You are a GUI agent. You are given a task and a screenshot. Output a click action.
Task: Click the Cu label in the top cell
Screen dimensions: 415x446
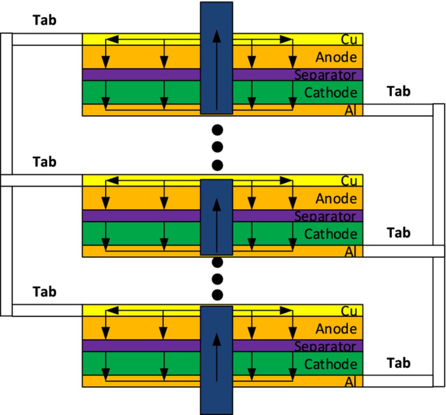pos(349,40)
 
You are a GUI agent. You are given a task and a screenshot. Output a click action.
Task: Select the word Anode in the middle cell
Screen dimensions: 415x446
pos(336,198)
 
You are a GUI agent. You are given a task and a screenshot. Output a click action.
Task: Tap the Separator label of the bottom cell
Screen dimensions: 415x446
pos(325,346)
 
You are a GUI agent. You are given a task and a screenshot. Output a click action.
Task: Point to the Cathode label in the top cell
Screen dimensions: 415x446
pos(331,93)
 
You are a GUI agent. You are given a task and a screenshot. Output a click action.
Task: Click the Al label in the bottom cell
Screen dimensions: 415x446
pos(351,382)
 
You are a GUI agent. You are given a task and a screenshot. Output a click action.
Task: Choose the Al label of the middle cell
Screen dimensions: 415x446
pos(351,251)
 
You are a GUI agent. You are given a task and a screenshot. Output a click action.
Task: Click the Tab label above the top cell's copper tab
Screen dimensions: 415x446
pos(45,20)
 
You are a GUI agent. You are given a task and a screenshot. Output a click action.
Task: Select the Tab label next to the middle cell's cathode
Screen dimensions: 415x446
pos(399,233)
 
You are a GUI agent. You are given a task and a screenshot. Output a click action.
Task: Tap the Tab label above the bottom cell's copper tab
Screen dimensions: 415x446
pos(45,292)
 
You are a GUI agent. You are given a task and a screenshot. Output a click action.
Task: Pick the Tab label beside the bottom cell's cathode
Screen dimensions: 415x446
pos(399,363)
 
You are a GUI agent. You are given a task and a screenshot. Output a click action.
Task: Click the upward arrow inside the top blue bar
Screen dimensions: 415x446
pos(217,70)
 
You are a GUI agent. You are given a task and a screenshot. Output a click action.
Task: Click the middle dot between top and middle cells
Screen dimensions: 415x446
pos(217,147)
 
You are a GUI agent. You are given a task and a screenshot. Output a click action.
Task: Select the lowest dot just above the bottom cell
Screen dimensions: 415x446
pos(217,295)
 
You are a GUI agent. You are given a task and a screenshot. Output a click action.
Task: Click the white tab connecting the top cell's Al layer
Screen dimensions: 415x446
pos(397,110)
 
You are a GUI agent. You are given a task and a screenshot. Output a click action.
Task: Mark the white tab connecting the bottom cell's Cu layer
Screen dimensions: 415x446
pos(47,310)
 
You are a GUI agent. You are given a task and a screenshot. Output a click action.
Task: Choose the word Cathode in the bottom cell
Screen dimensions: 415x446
pos(331,364)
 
